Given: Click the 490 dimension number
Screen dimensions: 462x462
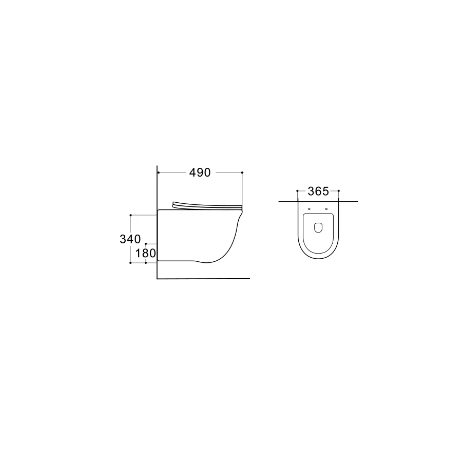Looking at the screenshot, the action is click(x=200, y=172).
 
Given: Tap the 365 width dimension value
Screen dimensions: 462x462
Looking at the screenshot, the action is click(x=318, y=191).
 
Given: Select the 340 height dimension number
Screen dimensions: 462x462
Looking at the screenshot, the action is click(x=130, y=239).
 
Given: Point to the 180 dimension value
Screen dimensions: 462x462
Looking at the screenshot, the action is click(x=146, y=253).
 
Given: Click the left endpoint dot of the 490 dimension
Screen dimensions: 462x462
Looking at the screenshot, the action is click(x=159, y=172).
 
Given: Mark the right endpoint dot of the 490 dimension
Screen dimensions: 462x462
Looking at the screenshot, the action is click(x=242, y=172).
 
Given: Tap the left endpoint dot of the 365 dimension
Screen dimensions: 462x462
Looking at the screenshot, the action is click(x=297, y=191).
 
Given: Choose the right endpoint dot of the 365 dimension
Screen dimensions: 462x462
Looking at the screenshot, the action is click(x=339, y=191).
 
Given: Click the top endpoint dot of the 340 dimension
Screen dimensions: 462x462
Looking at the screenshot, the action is click(x=130, y=215).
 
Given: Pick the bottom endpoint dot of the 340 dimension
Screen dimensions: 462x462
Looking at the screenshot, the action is click(x=130, y=262).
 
